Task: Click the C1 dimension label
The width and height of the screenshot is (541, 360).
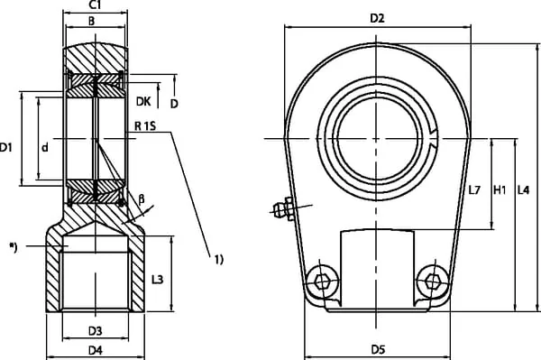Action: point(95,5)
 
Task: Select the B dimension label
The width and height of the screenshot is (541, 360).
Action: point(91,21)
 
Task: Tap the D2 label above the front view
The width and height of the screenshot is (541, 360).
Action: point(377,18)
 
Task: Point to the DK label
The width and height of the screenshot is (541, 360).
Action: point(143,101)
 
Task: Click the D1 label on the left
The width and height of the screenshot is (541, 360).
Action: point(5,148)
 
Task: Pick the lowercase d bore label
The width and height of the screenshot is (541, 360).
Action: point(45,148)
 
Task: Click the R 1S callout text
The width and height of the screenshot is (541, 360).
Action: point(145,126)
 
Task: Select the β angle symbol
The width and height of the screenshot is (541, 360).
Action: point(142,199)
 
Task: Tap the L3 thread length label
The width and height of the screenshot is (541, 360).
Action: point(157,279)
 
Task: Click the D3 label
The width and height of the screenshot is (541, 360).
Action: point(96,331)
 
